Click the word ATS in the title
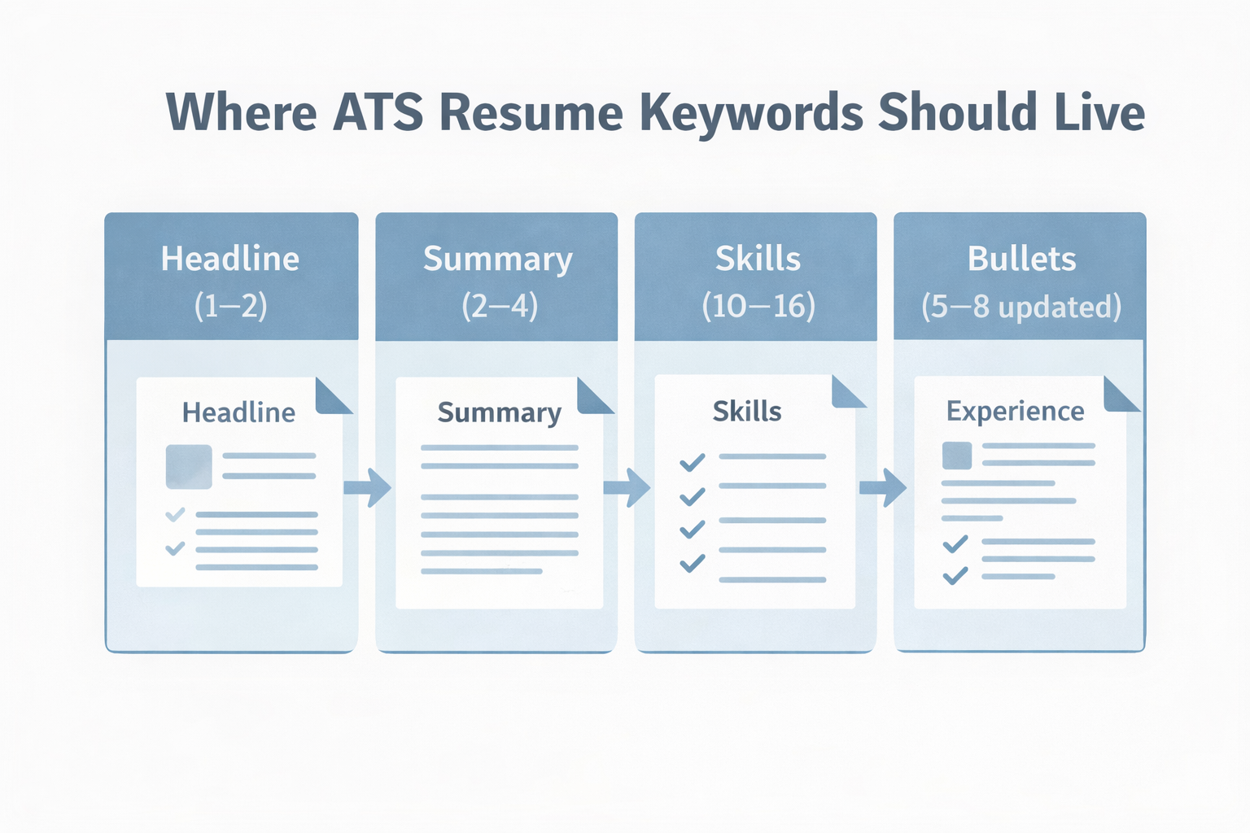(x=378, y=112)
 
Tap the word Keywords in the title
(x=750, y=112)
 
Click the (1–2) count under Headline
(x=230, y=307)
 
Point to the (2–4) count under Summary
(x=499, y=307)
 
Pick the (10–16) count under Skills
(x=758, y=307)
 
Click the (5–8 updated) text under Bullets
(x=1021, y=307)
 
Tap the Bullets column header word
(x=1021, y=259)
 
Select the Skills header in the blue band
(x=758, y=259)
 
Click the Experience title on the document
(x=1015, y=412)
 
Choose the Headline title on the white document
(x=238, y=412)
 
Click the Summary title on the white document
(x=499, y=412)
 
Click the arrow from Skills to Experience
(x=884, y=487)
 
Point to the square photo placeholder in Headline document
(x=189, y=466)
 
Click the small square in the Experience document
(x=957, y=456)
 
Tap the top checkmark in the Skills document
(x=693, y=463)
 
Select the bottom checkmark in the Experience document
(x=955, y=576)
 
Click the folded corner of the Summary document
(x=594, y=396)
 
